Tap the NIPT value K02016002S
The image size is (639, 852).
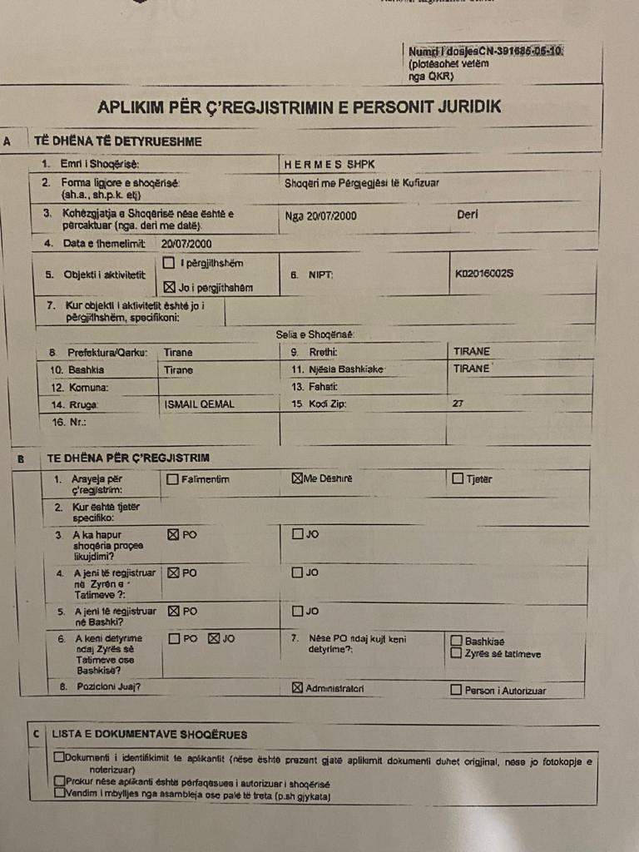pyautogui.click(x=484, y=272)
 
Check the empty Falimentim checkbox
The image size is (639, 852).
pyautogui.click(x=172, y=479)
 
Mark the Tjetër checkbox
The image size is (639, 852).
pyautogui.click(x=458, y=478)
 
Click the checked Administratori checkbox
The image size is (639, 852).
pyautogui.click(x=298, y=688)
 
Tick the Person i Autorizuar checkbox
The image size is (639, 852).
pyautogui.click(x=456, y=690)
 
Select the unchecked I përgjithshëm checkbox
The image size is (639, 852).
pyautogui.click(x=170, y=264)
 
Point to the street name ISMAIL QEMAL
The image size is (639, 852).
pyautogui.click(x=199, y=404)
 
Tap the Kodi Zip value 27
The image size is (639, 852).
pyautogui.click(x=458, y=404)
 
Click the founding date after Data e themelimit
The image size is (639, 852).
pyautogui.click(x=186, y=243)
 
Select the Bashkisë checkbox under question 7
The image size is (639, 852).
pyautogui.click(x=456, y=641)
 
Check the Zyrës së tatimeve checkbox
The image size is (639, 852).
pyautogui.click(x=456, y=653)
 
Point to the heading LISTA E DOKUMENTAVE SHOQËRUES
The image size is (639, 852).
pyautogui.click(x=149, y=735)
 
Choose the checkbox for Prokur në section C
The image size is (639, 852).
pyautogui.click(x=58, y=781)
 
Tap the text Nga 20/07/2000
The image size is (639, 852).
pyautogui.click(x=320, y=215)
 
